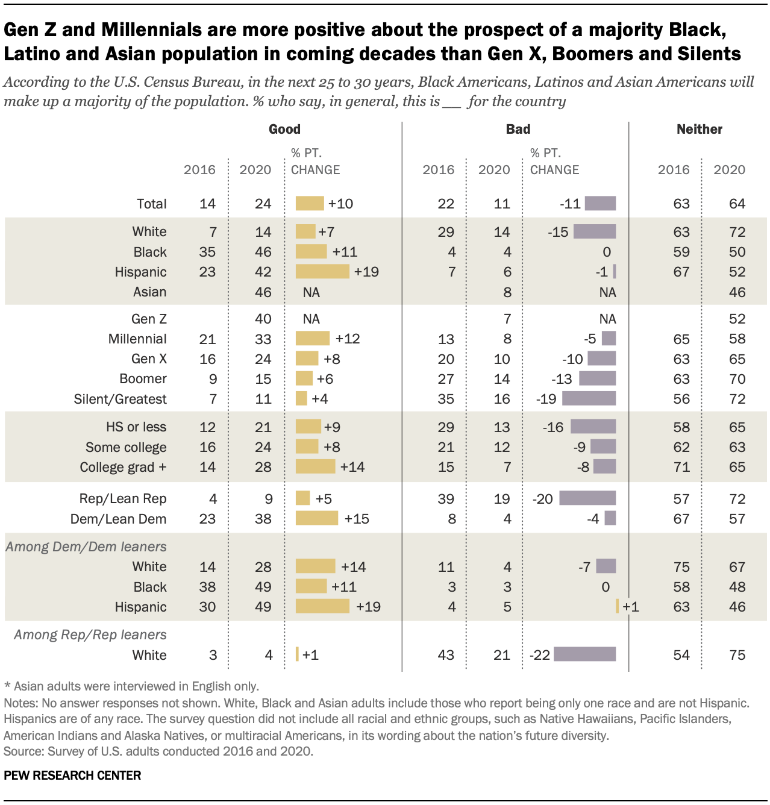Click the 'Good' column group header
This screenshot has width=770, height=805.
(x=284, y=129)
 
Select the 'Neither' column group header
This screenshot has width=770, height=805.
(x=699, y=129)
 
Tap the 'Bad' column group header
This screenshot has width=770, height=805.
(x=518, y=129)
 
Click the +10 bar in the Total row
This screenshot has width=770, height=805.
(x=310, y=204)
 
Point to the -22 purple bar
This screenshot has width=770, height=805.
(x=584, y=654)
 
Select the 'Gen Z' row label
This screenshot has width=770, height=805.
(x=149, y=319)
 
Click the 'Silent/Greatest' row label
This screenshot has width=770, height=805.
(x=120, y=399)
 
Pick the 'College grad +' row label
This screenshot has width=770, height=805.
(x=123, y=467)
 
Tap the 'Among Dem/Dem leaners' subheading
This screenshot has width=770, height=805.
(x=86, y=547)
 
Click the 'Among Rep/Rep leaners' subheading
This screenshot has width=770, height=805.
(x=90, y=634)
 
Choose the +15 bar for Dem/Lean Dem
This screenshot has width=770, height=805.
(x=317, y=518)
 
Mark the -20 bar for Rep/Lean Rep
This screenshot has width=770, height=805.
(x=587, y=498)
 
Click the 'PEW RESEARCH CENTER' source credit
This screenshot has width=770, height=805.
(x=72, y=775)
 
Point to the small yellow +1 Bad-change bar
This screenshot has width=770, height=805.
(x=618, y=606)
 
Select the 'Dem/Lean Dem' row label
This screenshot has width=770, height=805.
(x=118, y=519)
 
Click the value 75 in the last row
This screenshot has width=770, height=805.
(x=737, y=655)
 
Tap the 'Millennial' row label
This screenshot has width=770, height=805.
(x=137, y=339)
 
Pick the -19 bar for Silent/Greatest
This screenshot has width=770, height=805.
(x=589, y=398)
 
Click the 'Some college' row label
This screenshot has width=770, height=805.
(x=126, y=447)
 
